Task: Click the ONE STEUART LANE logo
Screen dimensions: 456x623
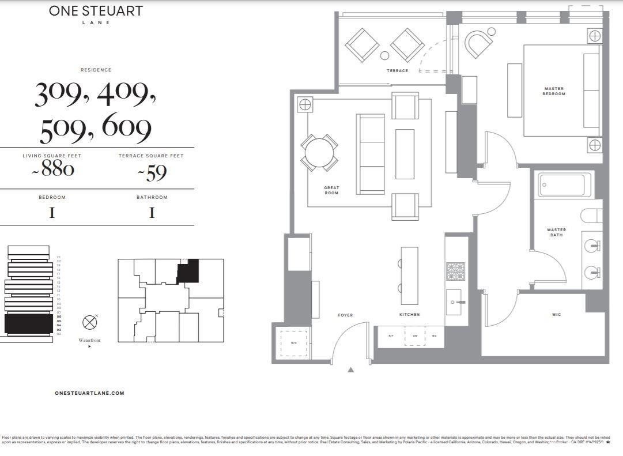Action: pos(96,14)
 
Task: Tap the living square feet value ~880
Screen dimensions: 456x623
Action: pos(52,170)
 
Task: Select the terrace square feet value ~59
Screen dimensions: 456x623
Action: pos(151,171)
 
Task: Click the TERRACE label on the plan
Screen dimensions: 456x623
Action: pos(397,71)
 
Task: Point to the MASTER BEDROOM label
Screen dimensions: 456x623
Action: pos(553,91)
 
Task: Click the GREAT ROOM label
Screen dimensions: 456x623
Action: pos(331,190)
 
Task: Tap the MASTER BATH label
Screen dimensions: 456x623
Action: pos(556,232)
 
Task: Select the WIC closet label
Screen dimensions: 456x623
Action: pos(556,315)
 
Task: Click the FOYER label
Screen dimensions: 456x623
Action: pos(345,315)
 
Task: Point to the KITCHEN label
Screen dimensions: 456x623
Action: pos(409,315)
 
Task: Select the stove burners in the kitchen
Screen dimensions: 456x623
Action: pos(455,271)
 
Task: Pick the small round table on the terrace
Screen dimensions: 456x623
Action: pos(384,55)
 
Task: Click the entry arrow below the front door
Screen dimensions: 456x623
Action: pos(350,370)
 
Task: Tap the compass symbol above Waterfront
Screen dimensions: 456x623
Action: pos(89,322)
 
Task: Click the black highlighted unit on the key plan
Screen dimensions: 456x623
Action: pos(188,270)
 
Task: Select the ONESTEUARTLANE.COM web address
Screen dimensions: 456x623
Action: pos(89,393)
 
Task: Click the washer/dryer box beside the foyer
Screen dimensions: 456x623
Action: pos(293,342)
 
